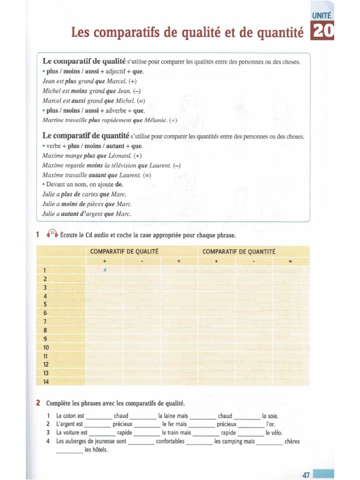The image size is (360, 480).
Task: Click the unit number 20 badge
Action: [323, 31]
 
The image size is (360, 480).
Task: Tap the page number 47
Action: [307, 475]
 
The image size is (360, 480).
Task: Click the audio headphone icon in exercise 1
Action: [52, 234]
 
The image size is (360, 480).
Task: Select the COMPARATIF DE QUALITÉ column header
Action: [124, 252]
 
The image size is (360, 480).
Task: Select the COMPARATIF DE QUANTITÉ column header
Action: [239, 252]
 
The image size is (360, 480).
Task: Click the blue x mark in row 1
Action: [105, 270]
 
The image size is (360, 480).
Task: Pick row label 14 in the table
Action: [46, 382]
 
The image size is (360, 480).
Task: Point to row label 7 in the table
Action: [45, 322]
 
